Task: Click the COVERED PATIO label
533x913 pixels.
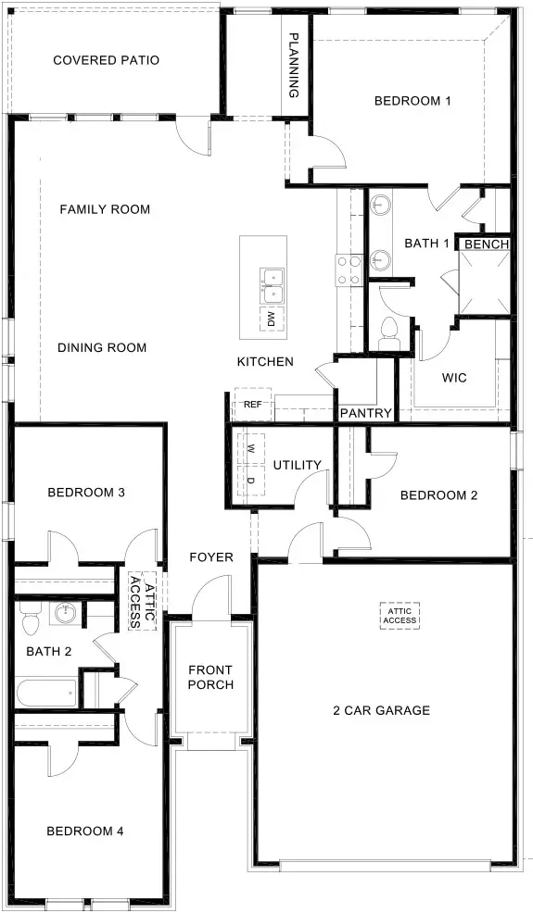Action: click(x=106, y=61)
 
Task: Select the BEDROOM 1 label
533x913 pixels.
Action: click(x=412, y=101)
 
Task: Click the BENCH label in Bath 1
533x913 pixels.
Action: click(x=486, y=244)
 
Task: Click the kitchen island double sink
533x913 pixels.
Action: click(x=273, y=285)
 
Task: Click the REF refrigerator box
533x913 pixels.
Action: click(x=252, y=405)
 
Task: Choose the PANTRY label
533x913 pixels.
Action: click(x=365, y=413)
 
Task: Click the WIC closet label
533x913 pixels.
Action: click(x=453, y=378)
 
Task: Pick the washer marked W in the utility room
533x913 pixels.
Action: click(x=251, y=448)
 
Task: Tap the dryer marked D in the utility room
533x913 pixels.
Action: click(x=251, y=480)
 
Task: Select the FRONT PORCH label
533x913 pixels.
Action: click(x=209, y=677)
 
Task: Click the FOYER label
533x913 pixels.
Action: click(x=211, y=557)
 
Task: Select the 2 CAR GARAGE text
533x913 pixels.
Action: click(x=382, y=711)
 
